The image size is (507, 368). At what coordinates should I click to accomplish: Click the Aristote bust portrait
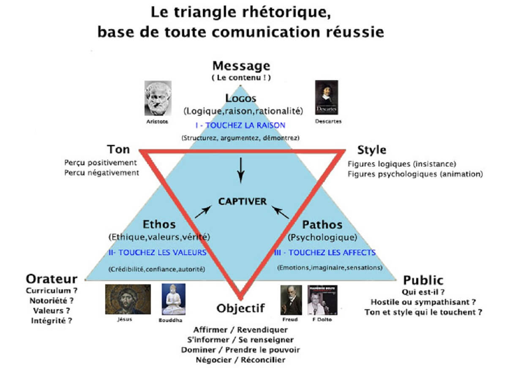158,98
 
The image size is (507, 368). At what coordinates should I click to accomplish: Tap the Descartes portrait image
327,98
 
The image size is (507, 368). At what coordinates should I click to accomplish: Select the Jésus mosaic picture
128,299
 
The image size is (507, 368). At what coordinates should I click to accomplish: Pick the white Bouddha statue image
174,299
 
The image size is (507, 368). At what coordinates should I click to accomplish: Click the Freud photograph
291,300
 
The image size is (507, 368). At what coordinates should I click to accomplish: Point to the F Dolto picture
322,300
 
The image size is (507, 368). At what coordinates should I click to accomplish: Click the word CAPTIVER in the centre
242,202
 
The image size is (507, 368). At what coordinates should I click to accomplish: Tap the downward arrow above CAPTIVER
240,170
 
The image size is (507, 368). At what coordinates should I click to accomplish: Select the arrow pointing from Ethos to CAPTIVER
203,212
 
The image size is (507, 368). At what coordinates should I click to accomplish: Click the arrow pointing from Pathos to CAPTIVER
280,212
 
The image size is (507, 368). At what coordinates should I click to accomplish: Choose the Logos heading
240,98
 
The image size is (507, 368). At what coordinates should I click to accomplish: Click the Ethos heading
159,224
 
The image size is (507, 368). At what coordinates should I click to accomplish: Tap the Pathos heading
322,225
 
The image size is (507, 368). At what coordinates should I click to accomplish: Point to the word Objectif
240,308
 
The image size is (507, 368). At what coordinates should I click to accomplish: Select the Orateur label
52,279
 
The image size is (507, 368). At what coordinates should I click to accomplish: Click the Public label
423,281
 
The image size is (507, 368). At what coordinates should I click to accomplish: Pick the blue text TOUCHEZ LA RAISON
245,125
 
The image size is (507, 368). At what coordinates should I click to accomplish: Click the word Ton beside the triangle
118,150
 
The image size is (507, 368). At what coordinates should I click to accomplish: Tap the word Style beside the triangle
372,150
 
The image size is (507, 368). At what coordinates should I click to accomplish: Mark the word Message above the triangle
241,66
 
